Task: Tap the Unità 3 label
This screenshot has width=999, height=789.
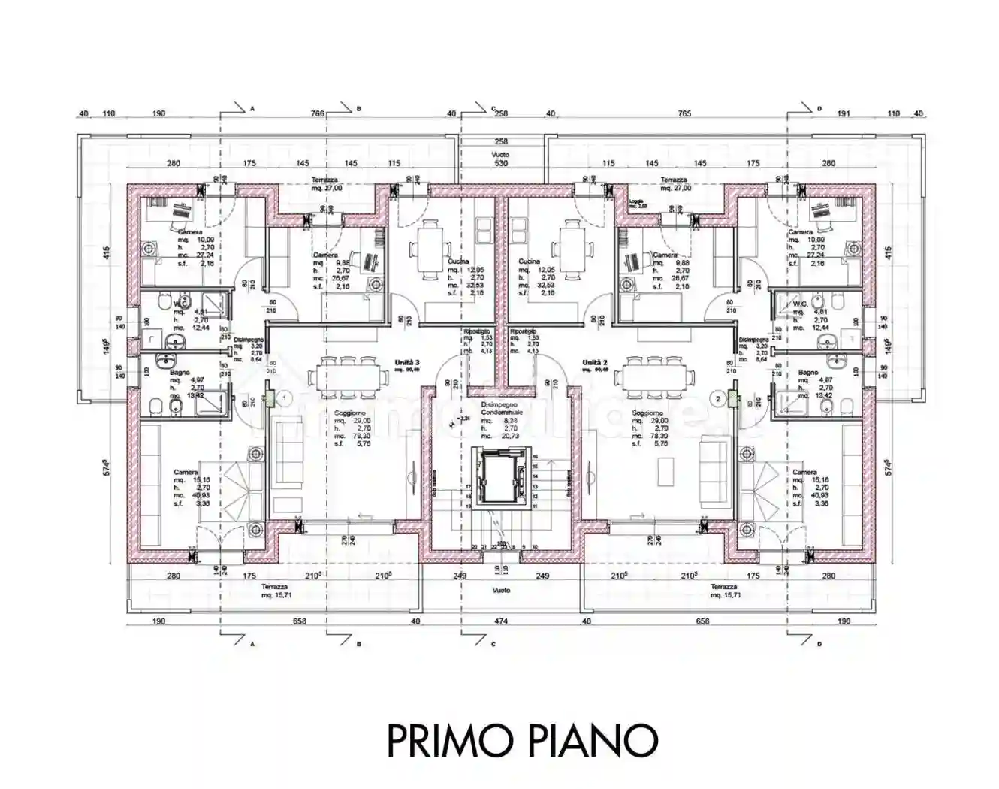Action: [x=406, y=363]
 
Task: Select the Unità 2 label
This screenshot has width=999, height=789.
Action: [x=595, y=363]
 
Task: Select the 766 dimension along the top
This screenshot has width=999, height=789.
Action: [x=317, y=114]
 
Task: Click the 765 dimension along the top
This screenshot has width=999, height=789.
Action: [x=684, y=114]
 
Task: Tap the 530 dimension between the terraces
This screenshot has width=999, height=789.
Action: [x=500, y=163]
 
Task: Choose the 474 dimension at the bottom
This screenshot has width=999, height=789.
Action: [x=500, y=621]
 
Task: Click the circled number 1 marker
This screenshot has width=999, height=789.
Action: [x=285, y=396]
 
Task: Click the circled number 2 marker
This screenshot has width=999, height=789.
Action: [x=718, y=398]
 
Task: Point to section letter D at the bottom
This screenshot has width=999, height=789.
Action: [x=819, y=644]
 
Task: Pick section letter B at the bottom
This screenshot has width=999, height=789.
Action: [x=359, y=644]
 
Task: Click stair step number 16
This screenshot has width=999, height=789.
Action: [x=536, y=456]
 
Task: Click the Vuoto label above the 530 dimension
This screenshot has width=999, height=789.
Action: [x=500, y=153]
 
